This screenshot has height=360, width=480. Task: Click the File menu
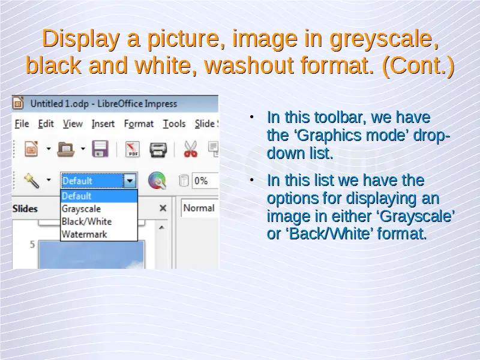pos(22,124)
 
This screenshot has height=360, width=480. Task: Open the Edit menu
pos(46,124)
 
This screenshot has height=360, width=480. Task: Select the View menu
pos(73,124)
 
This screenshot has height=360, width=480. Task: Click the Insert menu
pos(103,124)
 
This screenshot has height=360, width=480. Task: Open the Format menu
pos(139,124)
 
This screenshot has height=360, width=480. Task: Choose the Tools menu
pos(174,124)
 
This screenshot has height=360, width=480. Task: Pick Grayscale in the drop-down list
pos(81,209)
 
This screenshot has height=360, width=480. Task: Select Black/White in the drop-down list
pos(86,221)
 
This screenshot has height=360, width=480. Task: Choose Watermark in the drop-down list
pos(84,234)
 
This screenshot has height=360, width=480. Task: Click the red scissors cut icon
pos(190,149)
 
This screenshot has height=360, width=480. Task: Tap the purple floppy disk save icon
pos(100,149)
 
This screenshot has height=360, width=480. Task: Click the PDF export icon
pos(133,149)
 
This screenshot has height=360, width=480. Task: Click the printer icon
pos(158,149)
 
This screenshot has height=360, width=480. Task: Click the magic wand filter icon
pos(32,181)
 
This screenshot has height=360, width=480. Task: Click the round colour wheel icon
pos(157,181)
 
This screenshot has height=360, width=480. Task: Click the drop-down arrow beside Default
pos(130,181)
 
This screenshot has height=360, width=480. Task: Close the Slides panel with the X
pos(163,208)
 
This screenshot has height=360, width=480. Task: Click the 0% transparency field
pos(205,181)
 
